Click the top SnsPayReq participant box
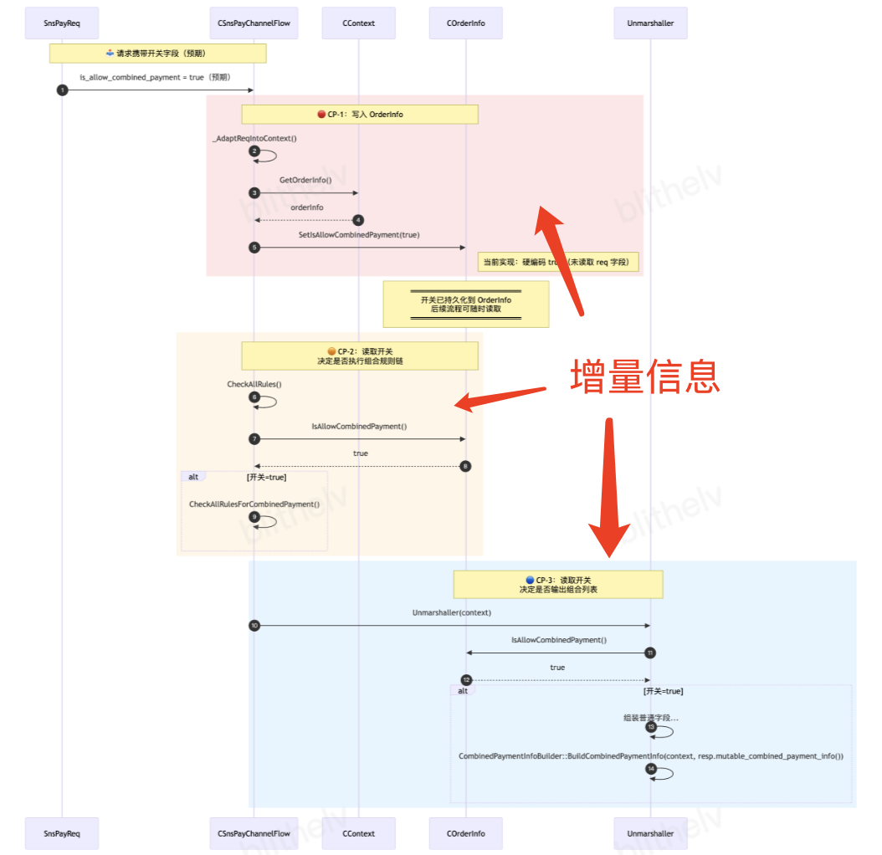pos(62,23)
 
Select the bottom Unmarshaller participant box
pos(650,832)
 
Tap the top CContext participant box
pos(359,23)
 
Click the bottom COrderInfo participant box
pos(467,832)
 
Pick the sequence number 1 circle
pos(62,90)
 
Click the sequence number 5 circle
pos(254,248)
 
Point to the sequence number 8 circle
pos(466,466)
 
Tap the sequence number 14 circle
pos(651,769)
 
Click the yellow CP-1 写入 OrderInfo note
pos(360,114)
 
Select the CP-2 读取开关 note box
pos(360,356)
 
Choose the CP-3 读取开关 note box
pos(558,584)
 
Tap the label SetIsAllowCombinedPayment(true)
pos(359,235)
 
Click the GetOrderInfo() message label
pos(305,180)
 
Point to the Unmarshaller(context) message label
pos(452,612)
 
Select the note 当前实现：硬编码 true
pos(559,262)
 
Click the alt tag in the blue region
pos(463,691)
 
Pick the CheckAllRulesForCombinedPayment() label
pos(254,504)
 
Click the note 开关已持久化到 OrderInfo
pos(466,304)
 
